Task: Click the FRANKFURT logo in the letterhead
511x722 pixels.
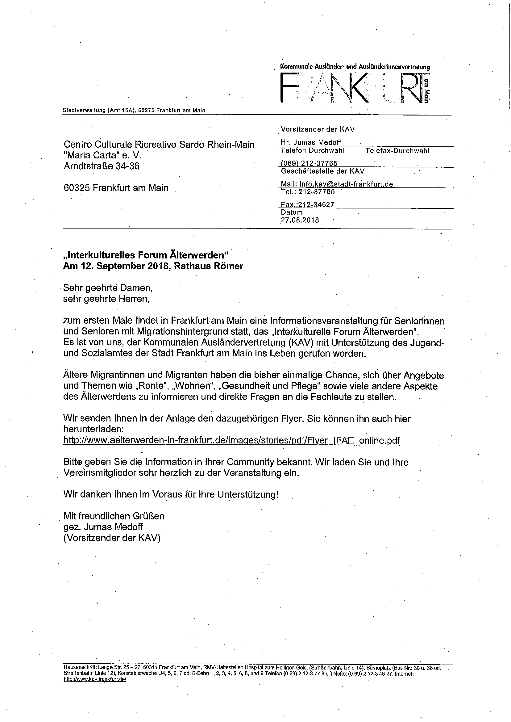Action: pyautogui.click(x=354, y=87)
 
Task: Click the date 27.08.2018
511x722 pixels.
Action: pyautogui.click(x=300, y=220)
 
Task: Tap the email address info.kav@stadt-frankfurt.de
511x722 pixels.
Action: pyautogui.click(x=346, y=184)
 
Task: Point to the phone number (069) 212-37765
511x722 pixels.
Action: pyautogui.click(x=309, y=163)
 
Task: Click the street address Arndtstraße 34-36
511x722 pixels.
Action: pyautogui.click(x=101, y=166)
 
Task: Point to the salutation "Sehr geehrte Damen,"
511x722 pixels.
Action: pyautogui.click(x=108, y=288)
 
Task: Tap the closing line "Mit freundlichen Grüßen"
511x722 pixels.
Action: pyautogui.click(x=114, y=516)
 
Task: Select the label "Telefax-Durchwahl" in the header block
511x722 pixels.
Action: pyautogui.click(x=397, y=151)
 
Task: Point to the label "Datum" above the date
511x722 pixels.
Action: pyautogui.click(x=292, y=212)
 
